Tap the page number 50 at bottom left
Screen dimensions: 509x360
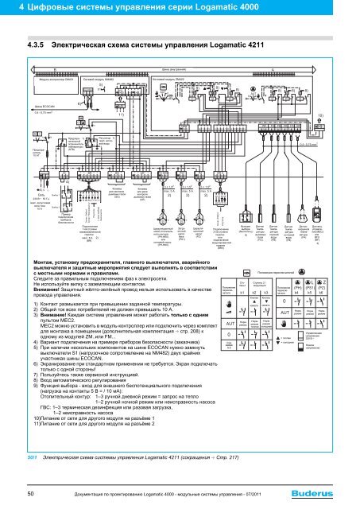point(29,495)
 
